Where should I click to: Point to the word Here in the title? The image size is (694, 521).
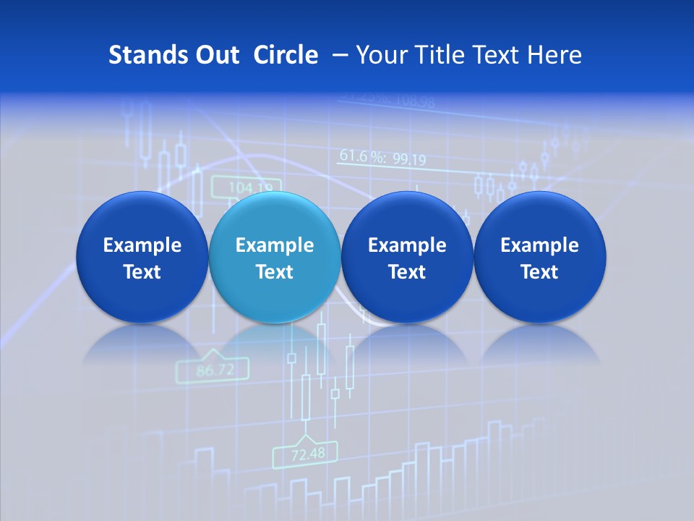tap(554, 55)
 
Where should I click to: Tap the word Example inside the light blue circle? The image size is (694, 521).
tap(274, 246)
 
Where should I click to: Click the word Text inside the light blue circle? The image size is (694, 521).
tap(274, 272)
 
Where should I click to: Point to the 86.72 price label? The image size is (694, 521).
tap(215, 370)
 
